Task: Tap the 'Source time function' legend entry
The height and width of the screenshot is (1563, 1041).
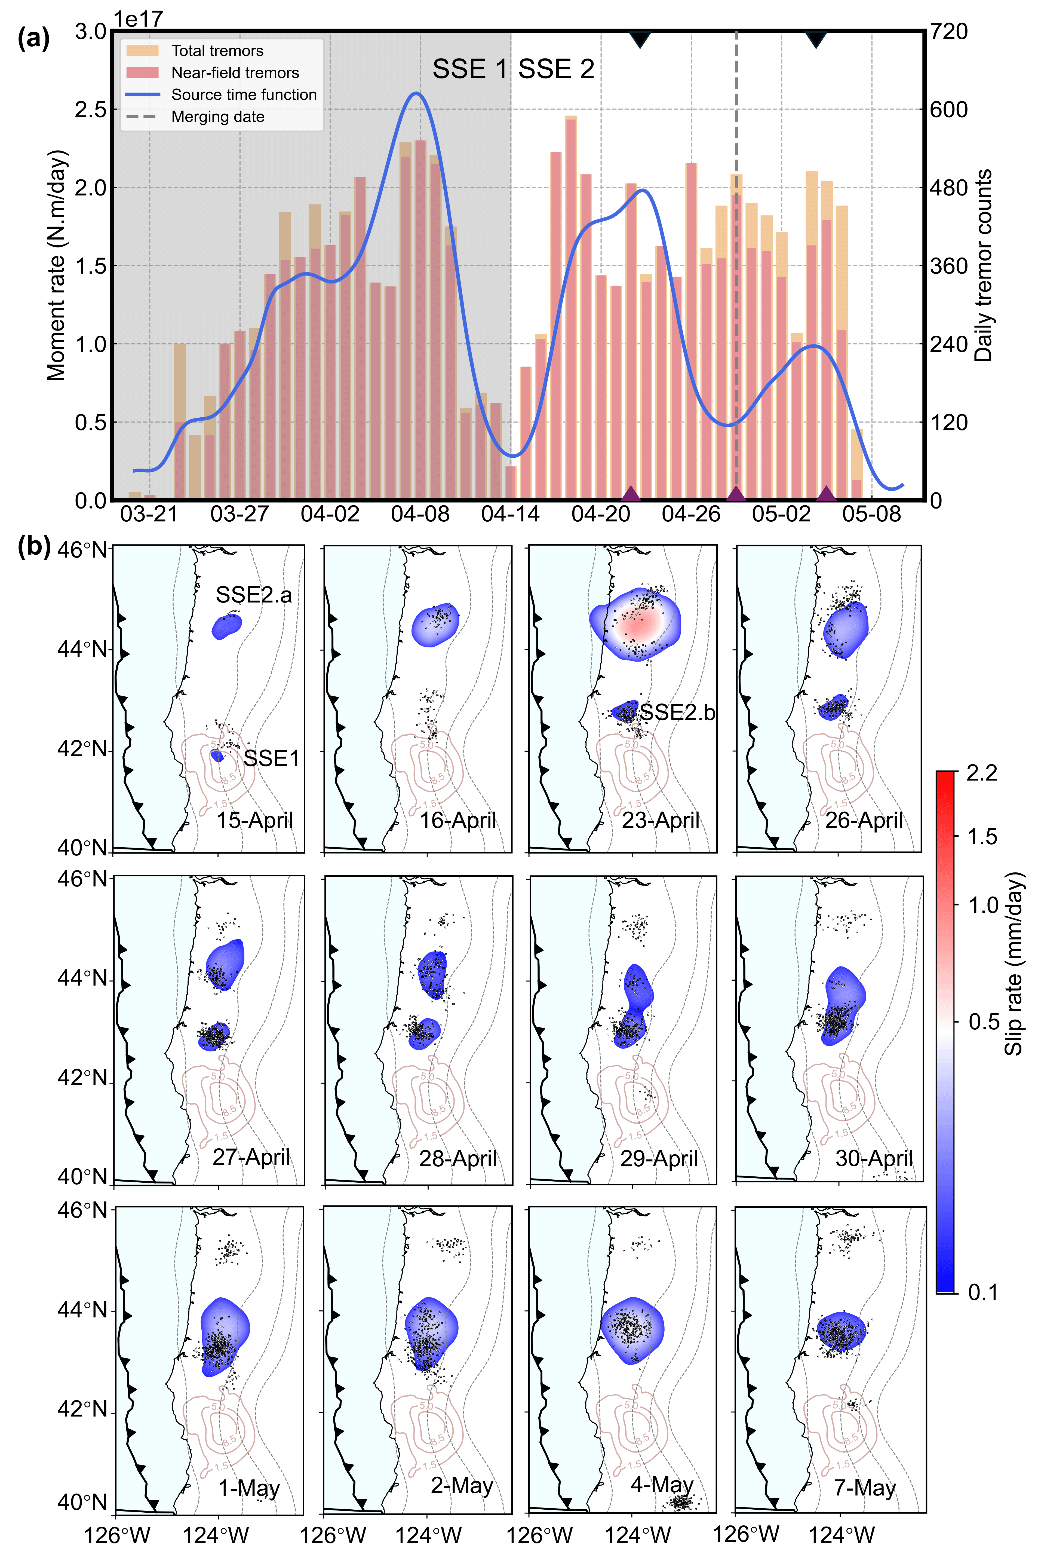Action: pos(244,95)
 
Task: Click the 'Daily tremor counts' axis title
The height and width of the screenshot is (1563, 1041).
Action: pos(983,266)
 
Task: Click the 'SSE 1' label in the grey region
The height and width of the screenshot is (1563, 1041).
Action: pos(470,69)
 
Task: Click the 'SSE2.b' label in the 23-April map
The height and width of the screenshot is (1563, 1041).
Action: pos(677,712)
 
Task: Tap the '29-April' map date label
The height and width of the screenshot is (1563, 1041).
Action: pos(659,1159)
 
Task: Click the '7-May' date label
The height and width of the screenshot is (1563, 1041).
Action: pos(864,1488)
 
